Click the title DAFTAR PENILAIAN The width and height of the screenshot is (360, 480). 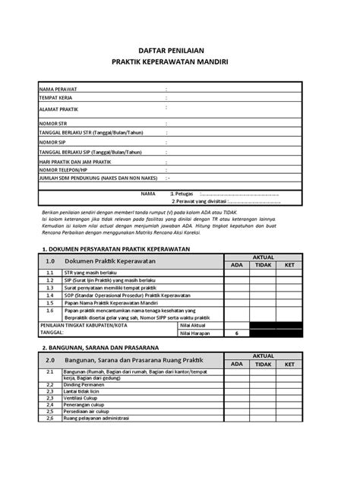pyautogui.click(x=180, y=48)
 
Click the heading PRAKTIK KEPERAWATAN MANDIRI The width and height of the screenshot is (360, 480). pyautogui.click(x=180, y=62)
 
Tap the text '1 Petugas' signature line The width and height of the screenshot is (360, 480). pyautogui.click(x=187, y=194)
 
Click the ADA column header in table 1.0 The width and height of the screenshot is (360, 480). pyautogui.click(x=237, y=265)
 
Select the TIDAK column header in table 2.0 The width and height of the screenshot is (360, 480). pyautogui.click(x=263, y=365)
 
